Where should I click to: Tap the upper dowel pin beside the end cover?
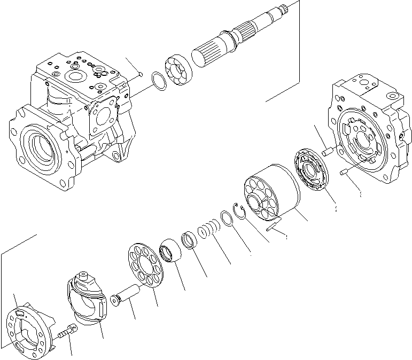pyautogui.click(x=328, y=152)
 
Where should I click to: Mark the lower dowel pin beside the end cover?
pyautogui.click(x=345, y=171)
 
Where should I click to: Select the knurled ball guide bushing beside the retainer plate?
pyautogui.click(x=172, y=252)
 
